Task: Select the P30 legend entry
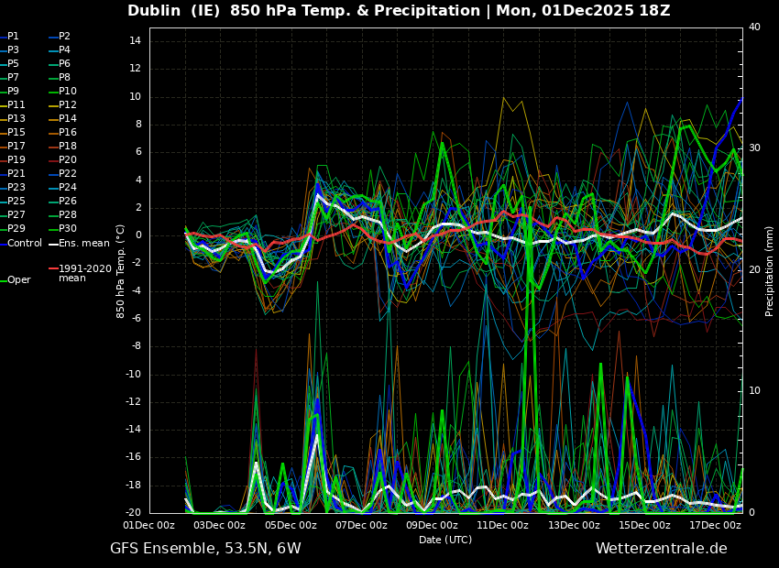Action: [67, 229]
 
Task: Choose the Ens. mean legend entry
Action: [83, 243]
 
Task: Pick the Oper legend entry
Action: [18, 280]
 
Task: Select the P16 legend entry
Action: [67, 133]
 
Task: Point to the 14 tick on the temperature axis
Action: [134, 41]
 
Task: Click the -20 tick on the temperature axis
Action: [132, 513]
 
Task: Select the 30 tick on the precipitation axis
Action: [754, 147]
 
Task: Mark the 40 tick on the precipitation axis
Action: [754, 27]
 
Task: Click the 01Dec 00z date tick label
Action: [149, 525]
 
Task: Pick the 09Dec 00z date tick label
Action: [432, 525]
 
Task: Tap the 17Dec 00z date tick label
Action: [714, 525]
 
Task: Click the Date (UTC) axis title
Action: [445, 540]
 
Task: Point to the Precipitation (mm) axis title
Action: [770, 271]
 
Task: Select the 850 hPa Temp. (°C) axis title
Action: [121, 270]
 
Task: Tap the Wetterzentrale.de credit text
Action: [661, 549]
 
